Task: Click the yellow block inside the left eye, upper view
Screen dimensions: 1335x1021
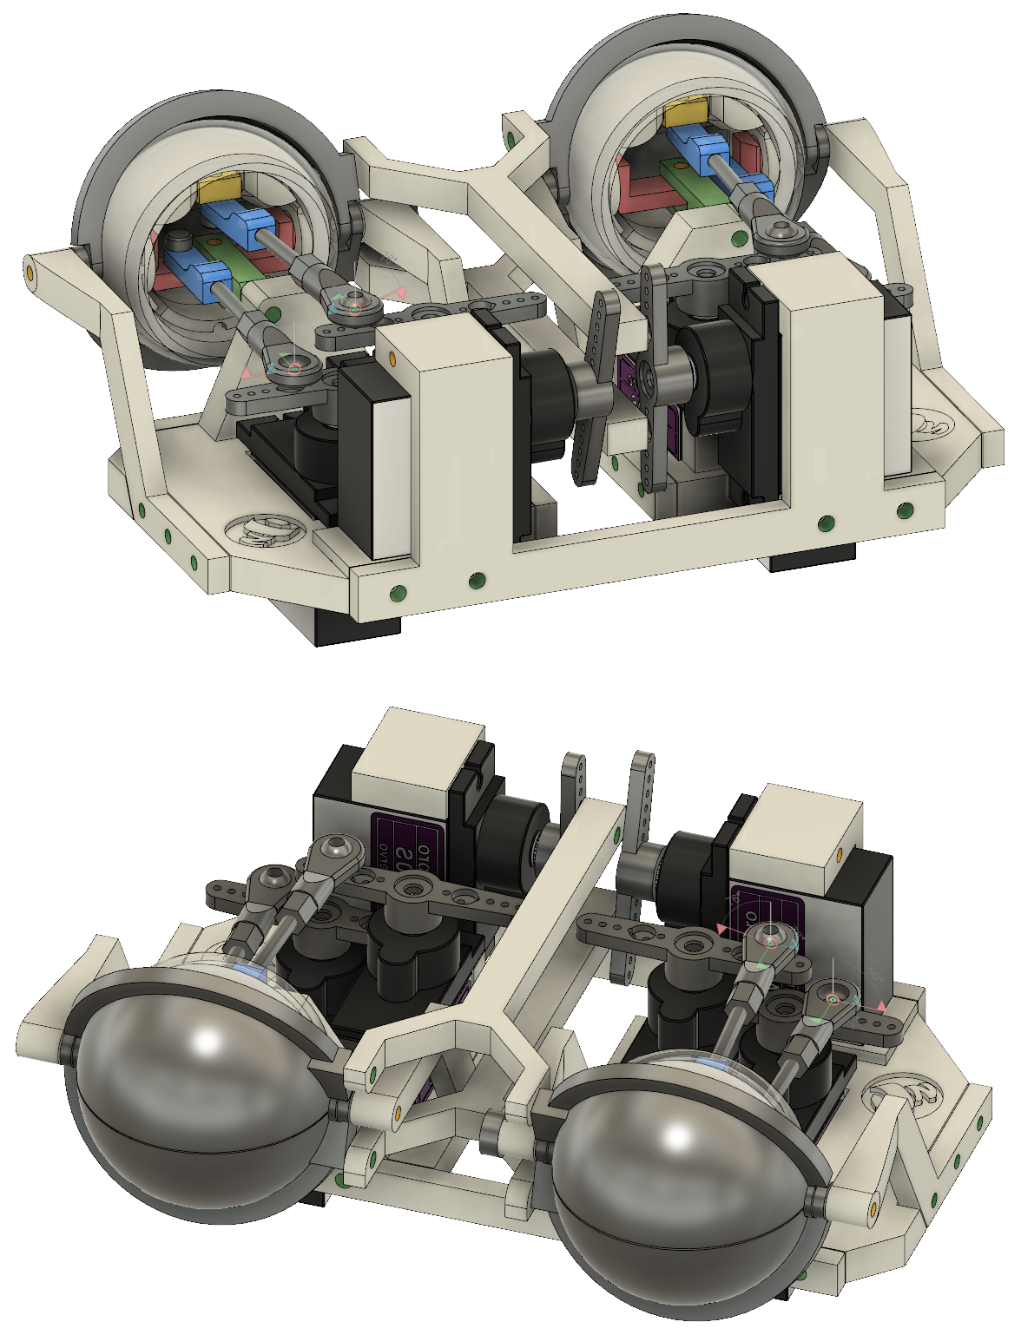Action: pos(218,187)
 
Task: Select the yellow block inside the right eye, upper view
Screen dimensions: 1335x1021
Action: pos(686,113)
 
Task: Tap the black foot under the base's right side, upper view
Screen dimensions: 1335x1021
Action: pos(811,558)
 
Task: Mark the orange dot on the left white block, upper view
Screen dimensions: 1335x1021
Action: pos(392,358)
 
